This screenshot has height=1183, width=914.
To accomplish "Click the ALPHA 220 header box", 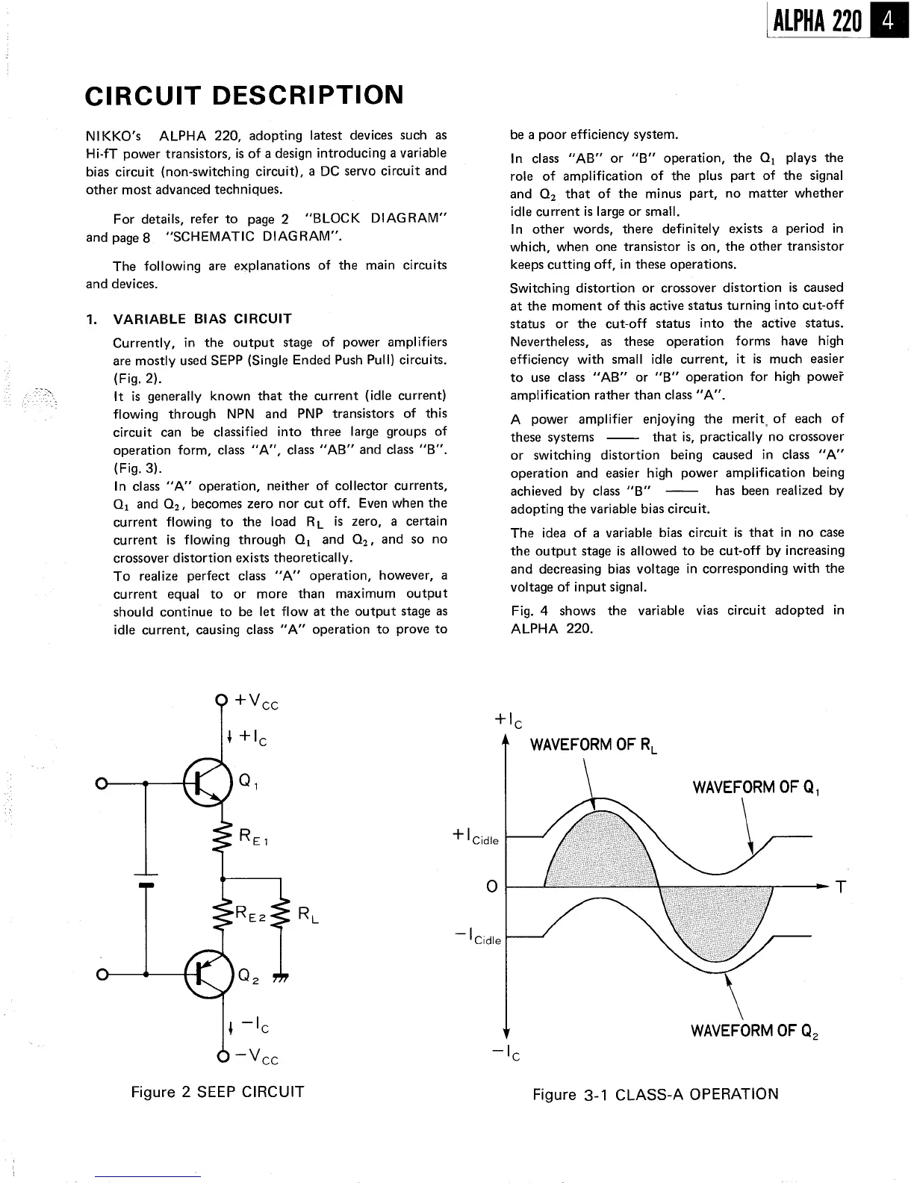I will click(817, 21).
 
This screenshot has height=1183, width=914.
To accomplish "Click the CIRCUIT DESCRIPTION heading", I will click(244, 96).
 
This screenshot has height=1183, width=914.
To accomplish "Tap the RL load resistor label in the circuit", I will click(307, 914).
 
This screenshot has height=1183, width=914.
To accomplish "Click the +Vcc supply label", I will click(256, 701).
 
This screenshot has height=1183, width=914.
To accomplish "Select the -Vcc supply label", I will click(256, 1057).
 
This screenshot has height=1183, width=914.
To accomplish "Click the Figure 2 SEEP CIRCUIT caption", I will click(217, 1092).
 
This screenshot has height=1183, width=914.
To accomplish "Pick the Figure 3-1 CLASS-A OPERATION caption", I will click(655, 1094).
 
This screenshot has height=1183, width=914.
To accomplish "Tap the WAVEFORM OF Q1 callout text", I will click(756, 788).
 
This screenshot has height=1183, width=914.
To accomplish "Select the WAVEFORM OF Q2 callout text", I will click(755, 1031).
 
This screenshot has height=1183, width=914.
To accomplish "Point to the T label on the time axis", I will click(841, 887).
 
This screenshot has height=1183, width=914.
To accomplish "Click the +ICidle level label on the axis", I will click(476, 837).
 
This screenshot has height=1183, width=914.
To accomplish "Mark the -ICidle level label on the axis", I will click(477, 936).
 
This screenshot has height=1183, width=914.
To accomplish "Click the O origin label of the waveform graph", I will click(491, 887).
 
